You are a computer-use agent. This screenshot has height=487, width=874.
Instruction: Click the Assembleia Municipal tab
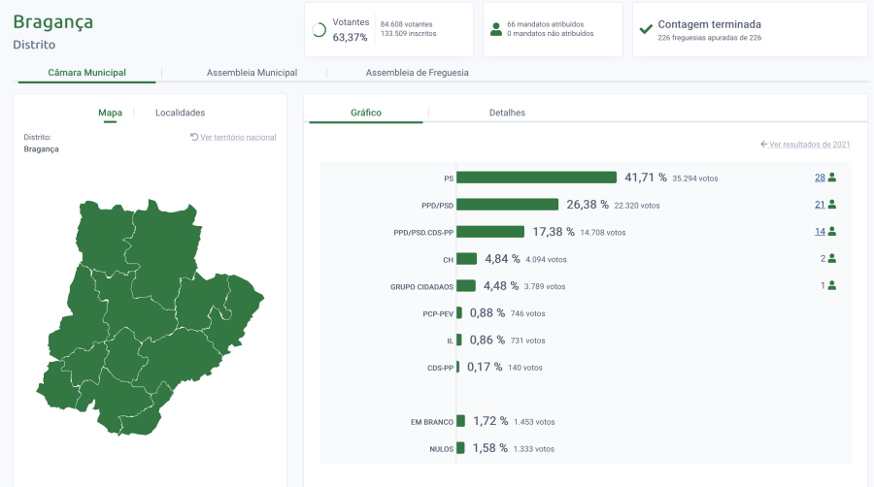[x=252, y=73]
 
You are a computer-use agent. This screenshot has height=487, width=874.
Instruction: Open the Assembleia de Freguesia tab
[x=417, y=73]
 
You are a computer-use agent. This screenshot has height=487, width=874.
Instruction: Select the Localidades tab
[x=180, y=113]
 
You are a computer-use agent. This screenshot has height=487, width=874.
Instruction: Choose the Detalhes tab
[x=507, y=113]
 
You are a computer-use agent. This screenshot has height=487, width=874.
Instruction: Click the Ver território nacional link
[x=233, y=138]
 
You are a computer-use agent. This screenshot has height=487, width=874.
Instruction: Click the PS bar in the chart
[x=536, y=178]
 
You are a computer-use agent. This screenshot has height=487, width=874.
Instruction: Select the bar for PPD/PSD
[x=507, y=205]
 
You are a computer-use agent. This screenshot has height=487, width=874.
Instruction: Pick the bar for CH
[x=466, y=259]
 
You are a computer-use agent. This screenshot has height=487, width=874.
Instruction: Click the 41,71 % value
[x=646, y=178]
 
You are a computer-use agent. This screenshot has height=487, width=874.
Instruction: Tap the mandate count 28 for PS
[x=820, y=178]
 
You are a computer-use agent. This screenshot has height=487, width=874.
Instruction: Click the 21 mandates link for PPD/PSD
[x=820, y=205]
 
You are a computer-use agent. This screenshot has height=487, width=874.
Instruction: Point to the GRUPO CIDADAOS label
[x=421, y=287]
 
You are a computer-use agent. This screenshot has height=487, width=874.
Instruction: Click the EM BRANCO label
[x=431, y=422]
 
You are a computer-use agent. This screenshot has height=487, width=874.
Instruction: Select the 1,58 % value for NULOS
[x=488, y=448]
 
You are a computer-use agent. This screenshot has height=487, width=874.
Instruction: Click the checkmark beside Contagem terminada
[x=646, y=29]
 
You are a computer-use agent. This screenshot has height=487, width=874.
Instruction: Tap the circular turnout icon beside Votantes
[x=319, y=30]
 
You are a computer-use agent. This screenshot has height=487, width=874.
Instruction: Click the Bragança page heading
[x=53, y=21]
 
